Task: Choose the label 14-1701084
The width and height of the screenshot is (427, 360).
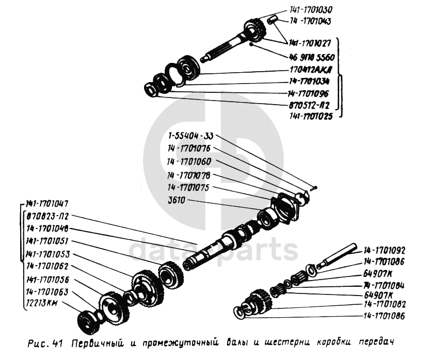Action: [x=383, y=285]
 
